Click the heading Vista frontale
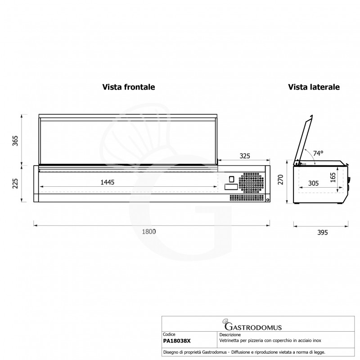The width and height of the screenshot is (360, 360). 129,87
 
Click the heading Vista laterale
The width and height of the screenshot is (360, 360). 314,87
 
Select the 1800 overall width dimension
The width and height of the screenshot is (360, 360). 149,231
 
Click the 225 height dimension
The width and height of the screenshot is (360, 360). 15,184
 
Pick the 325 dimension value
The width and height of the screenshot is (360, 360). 244,156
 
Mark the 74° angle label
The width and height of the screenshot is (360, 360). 318,153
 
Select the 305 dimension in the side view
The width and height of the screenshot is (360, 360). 314,183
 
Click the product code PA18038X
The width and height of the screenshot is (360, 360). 177,341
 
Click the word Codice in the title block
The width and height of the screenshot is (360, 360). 169,335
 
